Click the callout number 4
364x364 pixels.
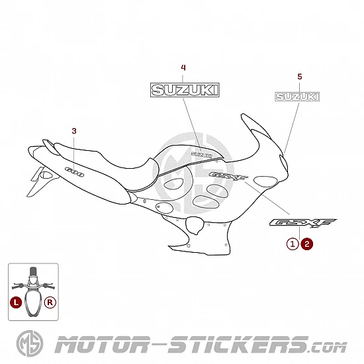click(x=183, y=68)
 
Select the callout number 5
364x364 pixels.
click(x=300, y=77)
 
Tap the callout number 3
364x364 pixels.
click(x=74, y=131)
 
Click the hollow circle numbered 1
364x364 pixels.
click(x=293, y=244)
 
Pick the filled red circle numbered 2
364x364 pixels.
click(x=307, y=244)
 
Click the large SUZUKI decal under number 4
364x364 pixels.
click(x=185, y=90)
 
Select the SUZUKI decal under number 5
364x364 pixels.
click(x=297, y=97)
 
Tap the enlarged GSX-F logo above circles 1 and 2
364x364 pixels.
click(x=303, y=223)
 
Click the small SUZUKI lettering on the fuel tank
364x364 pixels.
click(x=201, y=154)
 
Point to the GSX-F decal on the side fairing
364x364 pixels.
click(x=228, y=177)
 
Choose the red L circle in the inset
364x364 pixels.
click(x=16, y=302)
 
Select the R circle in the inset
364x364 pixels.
click(x=50, y=302)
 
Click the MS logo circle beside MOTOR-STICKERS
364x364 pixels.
click(x=30, y=343)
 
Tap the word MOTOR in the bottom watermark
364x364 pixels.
click(x=102, y=345)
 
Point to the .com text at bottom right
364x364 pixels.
click(x=328, y=347)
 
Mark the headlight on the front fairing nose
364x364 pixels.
click(x=284, y=163)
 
